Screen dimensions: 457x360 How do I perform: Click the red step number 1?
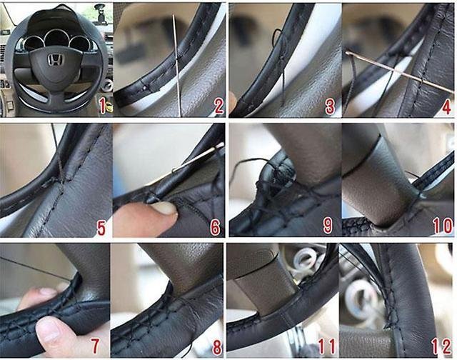[x=102, y=106]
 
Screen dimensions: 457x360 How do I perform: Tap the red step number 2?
[x=219, y=106]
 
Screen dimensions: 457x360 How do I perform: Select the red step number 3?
[x=330, y=106]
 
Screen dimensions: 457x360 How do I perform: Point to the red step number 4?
[x=446, y=106]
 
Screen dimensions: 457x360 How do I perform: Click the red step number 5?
[x=101, y=228]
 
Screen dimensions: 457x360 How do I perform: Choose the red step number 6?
[x=215, y=228]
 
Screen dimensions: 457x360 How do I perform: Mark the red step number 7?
[x=95, y=346]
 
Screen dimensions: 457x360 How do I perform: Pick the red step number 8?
[x=217, y=347]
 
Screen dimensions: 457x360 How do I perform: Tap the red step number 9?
[x=328, y=226]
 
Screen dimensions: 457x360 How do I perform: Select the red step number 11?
[x=327, y=346]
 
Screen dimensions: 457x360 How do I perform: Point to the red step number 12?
[x=442, y=346]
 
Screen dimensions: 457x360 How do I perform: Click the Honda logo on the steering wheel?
[x=56, y=60]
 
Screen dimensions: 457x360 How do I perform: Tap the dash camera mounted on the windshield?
[x=101, y=16]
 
